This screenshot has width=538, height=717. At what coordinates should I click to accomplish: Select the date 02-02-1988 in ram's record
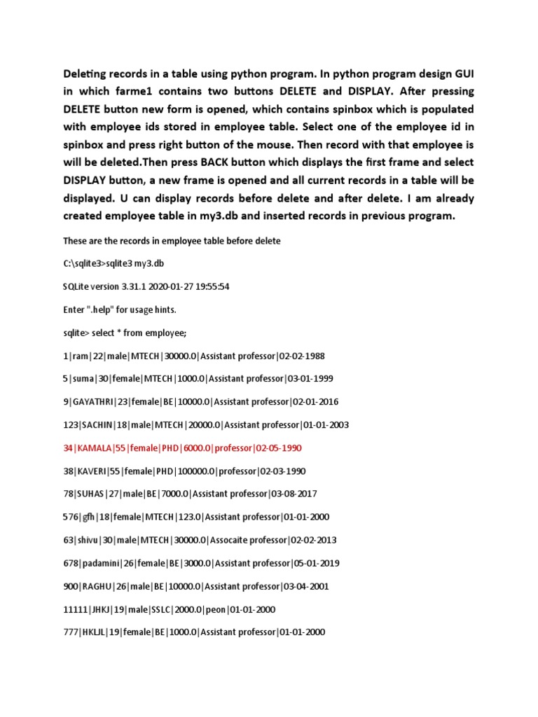pyautogui.click(x=301, y=355)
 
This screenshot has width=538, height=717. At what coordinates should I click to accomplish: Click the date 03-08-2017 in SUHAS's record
pyautogui.click(x=293, y=494)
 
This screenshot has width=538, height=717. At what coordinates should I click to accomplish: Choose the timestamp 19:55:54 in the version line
pyautogui.click(x=210, y=286)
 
